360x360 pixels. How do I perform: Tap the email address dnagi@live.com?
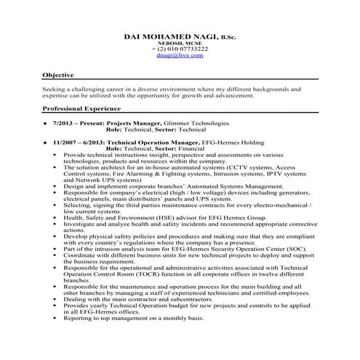coord(180,55)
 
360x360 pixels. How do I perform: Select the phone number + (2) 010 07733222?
coord(180,49)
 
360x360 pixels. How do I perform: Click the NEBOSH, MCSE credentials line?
coord(180,43)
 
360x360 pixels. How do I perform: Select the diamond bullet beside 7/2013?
coord(46,124)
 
